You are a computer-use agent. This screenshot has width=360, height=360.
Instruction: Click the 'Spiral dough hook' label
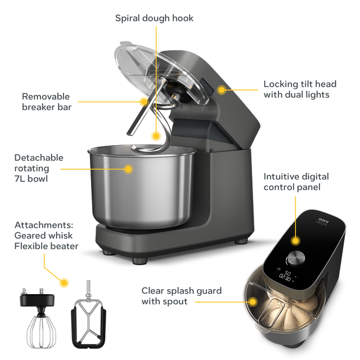pos(154,19)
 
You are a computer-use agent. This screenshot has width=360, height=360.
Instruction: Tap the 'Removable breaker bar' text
pos(47,102)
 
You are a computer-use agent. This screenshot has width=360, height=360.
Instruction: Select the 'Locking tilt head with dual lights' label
pos(300,89)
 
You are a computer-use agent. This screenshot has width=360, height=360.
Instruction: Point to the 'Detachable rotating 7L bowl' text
pos(39,168)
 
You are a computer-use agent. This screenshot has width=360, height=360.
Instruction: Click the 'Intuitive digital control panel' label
pos(296,182)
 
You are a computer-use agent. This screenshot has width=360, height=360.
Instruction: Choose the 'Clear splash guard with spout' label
pos(181,296)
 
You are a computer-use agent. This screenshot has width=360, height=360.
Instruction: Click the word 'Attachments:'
pos(44,225)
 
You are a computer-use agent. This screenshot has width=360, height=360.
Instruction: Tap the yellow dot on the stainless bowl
pos(128,169)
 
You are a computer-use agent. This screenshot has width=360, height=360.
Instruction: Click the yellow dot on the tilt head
pos(222,90)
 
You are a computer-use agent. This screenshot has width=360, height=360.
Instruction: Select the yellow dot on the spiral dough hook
pos(156,136)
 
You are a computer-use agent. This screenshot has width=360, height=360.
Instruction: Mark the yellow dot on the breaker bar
pos(144,101)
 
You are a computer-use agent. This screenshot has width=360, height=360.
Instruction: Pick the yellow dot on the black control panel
pos(295,241)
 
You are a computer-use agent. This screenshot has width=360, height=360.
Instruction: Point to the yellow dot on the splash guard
pos(253,301)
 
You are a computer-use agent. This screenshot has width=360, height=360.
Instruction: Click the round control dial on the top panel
pos(296,258)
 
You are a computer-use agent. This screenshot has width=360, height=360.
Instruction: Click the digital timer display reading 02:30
pos(285,278)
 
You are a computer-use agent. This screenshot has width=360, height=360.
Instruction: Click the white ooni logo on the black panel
pos(324,220)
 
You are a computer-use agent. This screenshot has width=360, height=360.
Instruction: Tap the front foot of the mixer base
pos(139,261)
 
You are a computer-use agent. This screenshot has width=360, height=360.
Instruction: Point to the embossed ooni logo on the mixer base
pos(240,228)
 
